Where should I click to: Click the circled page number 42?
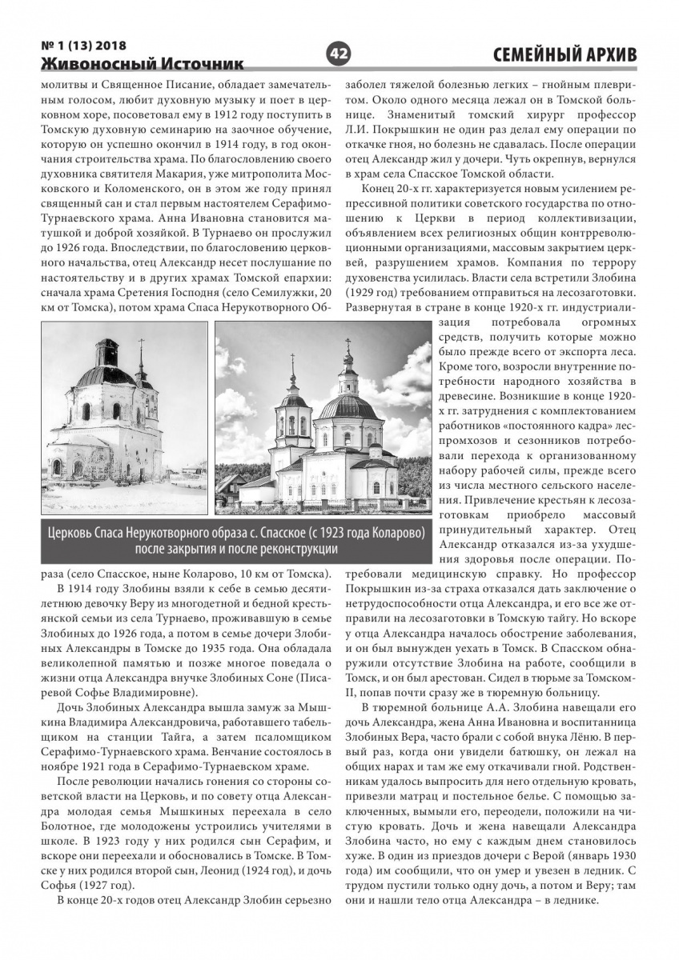(338, 54)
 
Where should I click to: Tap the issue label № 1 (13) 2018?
(83, 45)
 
